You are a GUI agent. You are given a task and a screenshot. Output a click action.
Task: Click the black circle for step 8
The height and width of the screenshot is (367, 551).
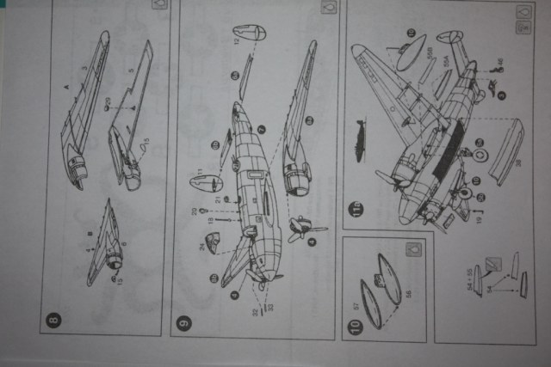pos(54,321)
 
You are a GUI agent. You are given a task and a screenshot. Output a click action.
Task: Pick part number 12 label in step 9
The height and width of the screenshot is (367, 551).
pos(236,40)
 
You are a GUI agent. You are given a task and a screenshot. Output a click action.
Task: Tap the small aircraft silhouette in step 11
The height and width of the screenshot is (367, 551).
pos(361,134)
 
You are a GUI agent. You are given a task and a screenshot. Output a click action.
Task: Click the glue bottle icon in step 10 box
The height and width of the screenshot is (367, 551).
pos(415,252)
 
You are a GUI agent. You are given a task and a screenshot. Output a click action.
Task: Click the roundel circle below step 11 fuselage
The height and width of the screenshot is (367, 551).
pos(480,156)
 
